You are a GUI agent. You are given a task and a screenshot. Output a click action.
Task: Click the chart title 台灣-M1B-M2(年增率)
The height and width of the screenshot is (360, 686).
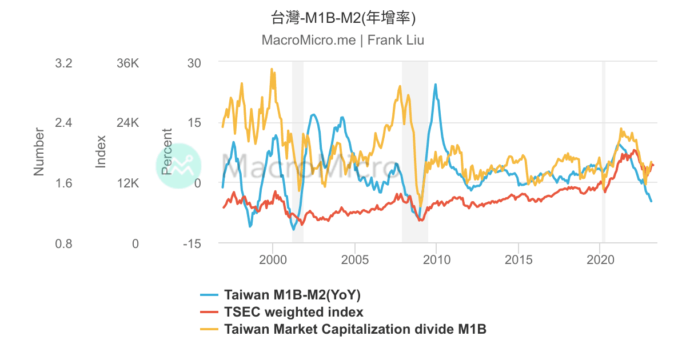click(342, 18)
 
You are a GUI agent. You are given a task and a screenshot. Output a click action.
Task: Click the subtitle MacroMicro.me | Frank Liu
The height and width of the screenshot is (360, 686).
click(342, 41)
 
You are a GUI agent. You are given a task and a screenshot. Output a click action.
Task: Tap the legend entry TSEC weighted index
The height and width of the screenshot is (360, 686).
click(294, 312)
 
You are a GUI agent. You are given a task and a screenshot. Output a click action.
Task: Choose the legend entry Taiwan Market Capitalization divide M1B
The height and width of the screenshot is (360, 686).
click(355, 329)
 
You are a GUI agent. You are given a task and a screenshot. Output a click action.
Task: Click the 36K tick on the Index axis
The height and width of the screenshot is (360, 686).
click(127, 63)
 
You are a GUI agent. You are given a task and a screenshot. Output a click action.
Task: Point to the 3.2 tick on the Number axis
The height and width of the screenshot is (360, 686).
click(63, 63)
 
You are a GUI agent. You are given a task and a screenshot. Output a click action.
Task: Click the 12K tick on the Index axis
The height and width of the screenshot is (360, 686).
click(127, 183)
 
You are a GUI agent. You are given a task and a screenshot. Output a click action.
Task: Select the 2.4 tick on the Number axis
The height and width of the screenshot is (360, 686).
click(63, 123)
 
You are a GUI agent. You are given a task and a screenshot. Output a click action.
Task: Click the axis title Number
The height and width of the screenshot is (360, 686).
click(39, 151)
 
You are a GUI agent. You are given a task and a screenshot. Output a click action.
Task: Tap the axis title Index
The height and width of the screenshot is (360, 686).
click(101, 151)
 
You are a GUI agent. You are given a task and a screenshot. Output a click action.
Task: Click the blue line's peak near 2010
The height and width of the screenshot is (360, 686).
click(436, 85)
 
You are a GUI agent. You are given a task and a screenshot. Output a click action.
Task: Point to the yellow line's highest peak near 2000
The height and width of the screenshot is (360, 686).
click(272, 69)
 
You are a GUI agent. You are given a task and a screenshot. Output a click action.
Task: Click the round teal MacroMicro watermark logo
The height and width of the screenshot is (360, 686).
click(178, 166)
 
